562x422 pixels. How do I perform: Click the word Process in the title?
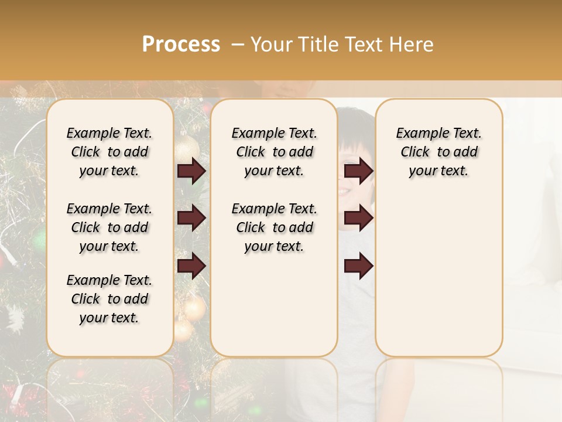(181, 45)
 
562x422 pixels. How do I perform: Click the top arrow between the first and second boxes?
(191, 171)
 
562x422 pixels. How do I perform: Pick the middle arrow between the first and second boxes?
(191, 218)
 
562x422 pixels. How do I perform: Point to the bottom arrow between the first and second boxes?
(191, 266)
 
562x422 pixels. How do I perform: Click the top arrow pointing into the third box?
(358, 171)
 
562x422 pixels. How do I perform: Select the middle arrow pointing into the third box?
(358, 218)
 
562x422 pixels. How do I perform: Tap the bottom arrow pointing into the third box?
(358, 266)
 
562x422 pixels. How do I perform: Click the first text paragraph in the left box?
(109, 152)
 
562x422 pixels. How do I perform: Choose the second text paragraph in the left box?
(109, 227)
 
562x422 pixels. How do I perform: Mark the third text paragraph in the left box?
(109, 299)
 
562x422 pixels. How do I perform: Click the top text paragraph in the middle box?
(274, 152)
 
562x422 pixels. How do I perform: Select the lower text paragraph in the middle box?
(274, 227)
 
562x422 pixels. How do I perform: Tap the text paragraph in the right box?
(438, 152)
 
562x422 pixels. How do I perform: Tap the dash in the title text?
(238, 45)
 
